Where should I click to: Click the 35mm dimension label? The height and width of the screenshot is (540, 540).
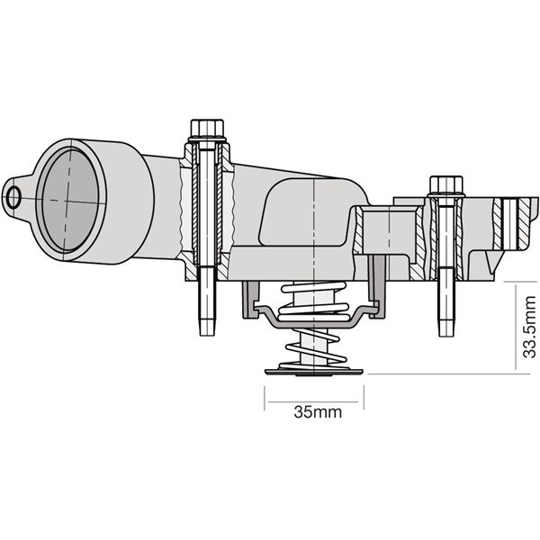318,412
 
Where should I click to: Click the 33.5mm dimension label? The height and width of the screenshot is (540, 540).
529,327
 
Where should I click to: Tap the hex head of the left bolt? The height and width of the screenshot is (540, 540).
207,128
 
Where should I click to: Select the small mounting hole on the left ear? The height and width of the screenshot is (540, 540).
13,197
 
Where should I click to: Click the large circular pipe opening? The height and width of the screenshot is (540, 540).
70,200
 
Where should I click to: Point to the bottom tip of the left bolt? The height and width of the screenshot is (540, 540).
207,335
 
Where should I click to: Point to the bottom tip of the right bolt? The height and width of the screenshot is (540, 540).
446,336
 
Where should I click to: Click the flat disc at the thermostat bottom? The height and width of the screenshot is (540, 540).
314,372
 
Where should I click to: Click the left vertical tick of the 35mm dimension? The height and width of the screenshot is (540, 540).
265,398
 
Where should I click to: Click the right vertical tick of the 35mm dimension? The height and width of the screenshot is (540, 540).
364,398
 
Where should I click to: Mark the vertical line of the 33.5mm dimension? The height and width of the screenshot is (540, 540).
516,327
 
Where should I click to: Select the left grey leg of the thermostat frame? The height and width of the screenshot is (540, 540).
250,300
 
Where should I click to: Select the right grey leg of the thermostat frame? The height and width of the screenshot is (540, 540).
377,286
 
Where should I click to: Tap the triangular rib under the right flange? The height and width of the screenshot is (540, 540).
492,261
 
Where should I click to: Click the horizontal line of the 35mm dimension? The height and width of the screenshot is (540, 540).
313,401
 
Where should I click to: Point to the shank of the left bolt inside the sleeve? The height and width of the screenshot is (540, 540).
207,207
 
